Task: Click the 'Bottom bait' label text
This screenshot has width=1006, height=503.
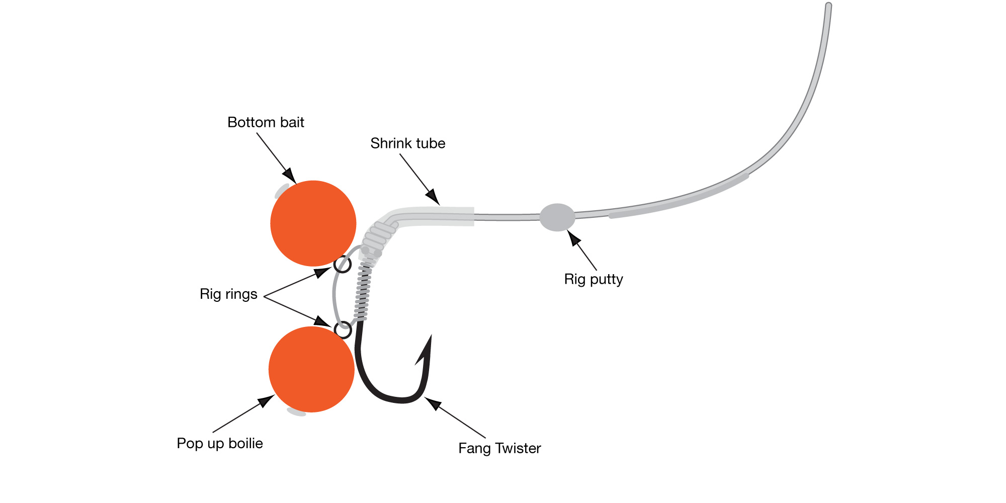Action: coord(266,122)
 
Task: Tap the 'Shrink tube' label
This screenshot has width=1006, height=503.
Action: coord(407,143)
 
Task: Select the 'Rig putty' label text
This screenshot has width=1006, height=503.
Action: coord(594,279)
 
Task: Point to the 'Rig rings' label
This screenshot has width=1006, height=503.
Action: coord(228,294)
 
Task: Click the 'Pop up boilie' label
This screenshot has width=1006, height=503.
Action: coord(220,443)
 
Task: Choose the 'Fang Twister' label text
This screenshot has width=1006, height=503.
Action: coord(499,448)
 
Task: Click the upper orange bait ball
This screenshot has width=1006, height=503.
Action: coord(313,223)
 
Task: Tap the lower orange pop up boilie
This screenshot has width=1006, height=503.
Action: coord(311,369)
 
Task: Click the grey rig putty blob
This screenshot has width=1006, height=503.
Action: coord(557,217)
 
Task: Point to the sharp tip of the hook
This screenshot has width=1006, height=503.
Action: coord(431,336)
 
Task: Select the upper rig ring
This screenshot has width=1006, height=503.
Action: coord(343,265)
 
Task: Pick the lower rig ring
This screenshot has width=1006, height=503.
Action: coord(343,330)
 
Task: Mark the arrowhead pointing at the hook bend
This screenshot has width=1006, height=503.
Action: coord(432,403)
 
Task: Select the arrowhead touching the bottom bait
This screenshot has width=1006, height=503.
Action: coord(290,176)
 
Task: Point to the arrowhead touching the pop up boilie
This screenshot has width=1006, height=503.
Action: coord(267,400)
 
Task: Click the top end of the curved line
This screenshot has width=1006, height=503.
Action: coord(828,6)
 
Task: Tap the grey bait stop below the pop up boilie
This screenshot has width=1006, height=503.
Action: coord(296,412)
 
